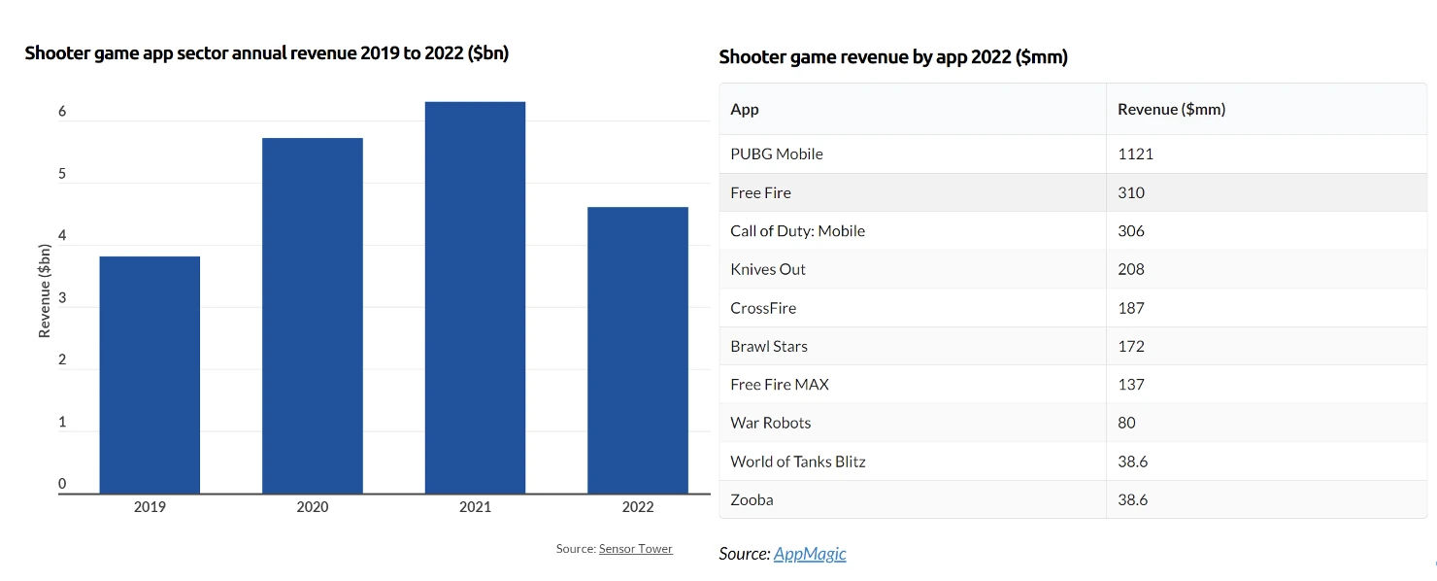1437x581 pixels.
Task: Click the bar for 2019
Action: point(150,374)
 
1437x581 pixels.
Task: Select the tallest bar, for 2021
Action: point(475,297)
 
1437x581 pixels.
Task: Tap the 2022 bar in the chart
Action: point(638,350)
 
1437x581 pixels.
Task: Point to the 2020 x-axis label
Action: point(313,507)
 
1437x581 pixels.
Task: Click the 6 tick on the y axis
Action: point(62,112)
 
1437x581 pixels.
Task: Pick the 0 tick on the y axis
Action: point(62,484)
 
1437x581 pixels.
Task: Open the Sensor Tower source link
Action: point(635,549)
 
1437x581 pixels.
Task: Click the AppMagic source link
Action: point(810,554)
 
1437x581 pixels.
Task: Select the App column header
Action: point(745,110)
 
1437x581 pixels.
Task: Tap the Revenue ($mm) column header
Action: point(1171,110)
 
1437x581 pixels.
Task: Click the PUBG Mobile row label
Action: point(777,154)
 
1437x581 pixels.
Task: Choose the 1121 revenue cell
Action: point(1135,154)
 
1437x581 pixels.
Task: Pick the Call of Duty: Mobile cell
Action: point(797,231)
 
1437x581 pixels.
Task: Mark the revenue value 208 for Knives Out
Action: point(1131,269)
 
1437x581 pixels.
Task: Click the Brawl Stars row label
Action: point(769,346)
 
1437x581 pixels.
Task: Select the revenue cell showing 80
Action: point(1126,423)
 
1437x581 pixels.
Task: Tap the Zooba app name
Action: point(752,499)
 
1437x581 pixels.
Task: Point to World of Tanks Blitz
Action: point(797,461)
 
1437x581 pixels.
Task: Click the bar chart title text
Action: point(267,53)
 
